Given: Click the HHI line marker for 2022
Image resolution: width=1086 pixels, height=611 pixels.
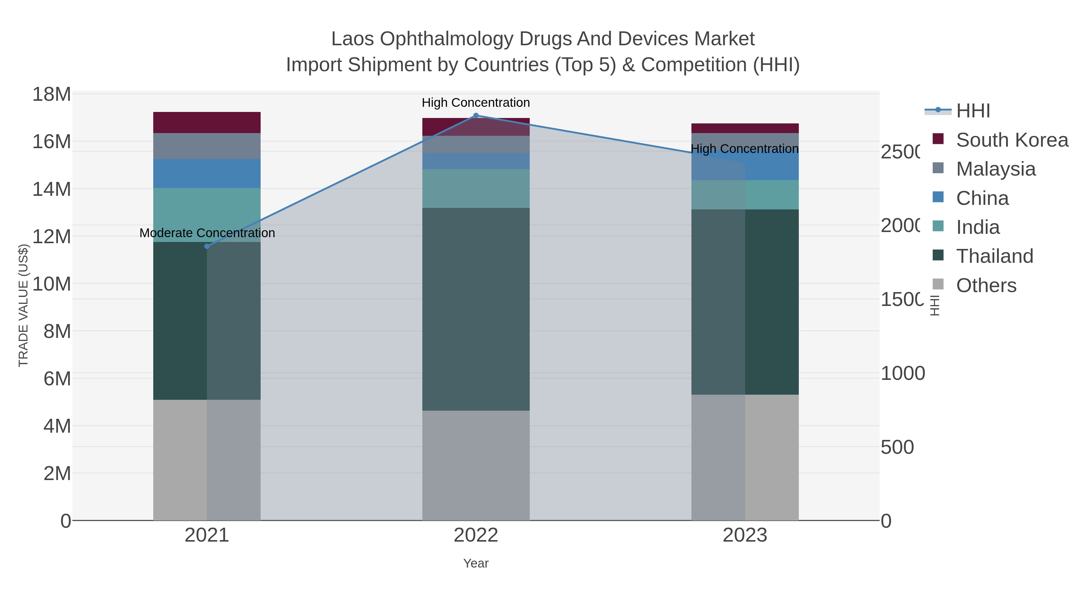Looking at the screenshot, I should [x=476, y=116].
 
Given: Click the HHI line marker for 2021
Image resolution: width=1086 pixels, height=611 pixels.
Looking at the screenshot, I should [x=207, y=246].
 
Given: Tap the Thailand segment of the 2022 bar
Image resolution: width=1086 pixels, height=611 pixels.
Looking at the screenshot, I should [x=476, y=309].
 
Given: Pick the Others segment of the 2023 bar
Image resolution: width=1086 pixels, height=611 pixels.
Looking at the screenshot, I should [x=745, y=457].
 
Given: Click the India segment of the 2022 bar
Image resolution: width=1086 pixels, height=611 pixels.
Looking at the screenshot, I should [x=476, y=189].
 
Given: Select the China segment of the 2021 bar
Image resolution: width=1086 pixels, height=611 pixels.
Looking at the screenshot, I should [x=207, y=173].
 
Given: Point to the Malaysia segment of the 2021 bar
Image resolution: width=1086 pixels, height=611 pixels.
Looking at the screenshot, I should [x=207, y=146].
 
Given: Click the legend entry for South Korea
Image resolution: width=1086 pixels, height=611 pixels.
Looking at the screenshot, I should [x=1012, y=140].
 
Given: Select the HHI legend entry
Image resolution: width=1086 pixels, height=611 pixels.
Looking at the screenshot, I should [x=973, y=111].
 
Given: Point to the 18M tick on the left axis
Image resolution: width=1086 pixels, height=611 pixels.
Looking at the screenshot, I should [x=51, y=94].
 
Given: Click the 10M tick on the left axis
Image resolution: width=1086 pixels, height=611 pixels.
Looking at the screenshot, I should [x=51, y=284].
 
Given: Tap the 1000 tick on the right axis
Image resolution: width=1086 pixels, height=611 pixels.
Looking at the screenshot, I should [x=902, y=373].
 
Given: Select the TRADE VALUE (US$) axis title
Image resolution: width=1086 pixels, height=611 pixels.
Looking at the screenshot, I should [x=23, y=305].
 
